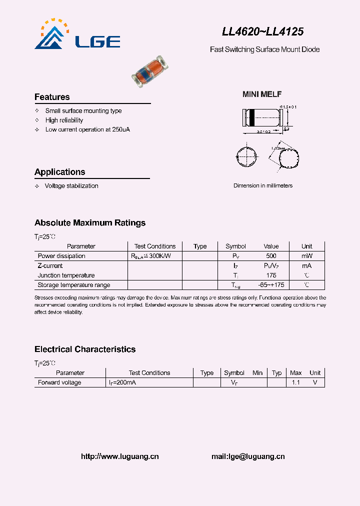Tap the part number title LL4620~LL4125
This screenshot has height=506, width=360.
pyautogui.click(x=262, y=31)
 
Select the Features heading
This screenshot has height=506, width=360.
pyautogui.click(x=52, y=97)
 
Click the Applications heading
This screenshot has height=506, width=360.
pyautogui.click(x=59, y=172)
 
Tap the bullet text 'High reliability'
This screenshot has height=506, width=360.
pyautogui.click(x=64, y=120)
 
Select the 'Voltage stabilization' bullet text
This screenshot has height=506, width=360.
pyautogui.click(x=71, y=186)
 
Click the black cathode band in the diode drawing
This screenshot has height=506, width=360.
pyautogui.click(x=252, y=118)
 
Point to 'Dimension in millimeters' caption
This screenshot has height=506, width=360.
pyautogui.click(x=263, y=186)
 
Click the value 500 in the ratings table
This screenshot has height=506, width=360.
pyautogui.click(x=271, y=256)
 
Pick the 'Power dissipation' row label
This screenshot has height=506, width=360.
pyautogui.click(x=61, y=256)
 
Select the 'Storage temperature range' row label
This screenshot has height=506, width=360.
pyautogui.click(x=74, y=285)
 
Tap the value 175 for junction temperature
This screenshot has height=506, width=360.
pyautogui.click(x=271, y=275)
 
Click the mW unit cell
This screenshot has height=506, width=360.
pyautogui.click(x=306, y=256)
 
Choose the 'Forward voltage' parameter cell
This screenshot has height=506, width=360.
pyautogui.click(x=59, y=382)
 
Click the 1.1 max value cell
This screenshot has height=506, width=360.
pyautogui.click(x=296, y=382)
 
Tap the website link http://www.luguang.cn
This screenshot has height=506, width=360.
pyautogui.click(x=119, y=456)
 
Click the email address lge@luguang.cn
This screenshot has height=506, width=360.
pyautogui.click(x=248, y=456)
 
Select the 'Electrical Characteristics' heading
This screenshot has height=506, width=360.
pyautogui.click(x=85, y=349)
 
